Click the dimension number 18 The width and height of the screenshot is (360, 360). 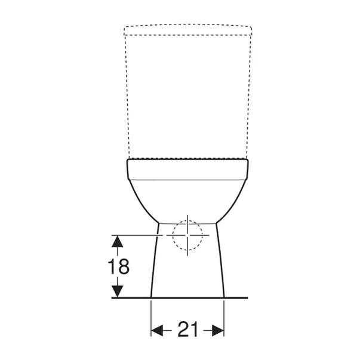(119, 266)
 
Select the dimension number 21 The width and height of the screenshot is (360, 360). (187, 329)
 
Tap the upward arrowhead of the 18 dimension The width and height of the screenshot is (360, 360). (118, 241)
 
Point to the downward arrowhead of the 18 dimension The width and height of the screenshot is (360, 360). (118, 291)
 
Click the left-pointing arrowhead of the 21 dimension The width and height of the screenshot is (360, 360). (157, 330)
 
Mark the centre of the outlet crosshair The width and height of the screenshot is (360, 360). (187, 235)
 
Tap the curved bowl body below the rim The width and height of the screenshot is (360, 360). (187, 200)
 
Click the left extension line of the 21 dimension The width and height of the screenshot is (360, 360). (151, 316)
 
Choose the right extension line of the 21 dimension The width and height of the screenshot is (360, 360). (224, 316)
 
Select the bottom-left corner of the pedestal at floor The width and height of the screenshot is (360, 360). (151, 297)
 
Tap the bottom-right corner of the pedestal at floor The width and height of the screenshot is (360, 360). (224, 297)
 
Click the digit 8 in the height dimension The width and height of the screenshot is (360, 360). (124, 266)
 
